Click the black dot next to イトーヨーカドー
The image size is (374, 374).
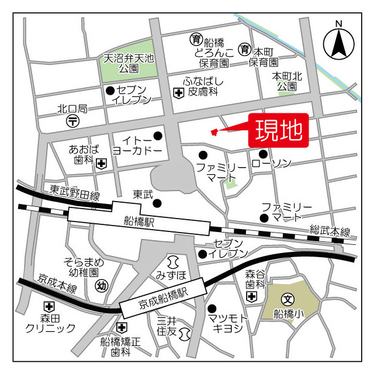[157, 136]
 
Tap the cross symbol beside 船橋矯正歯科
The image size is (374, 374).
[122, 327]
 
